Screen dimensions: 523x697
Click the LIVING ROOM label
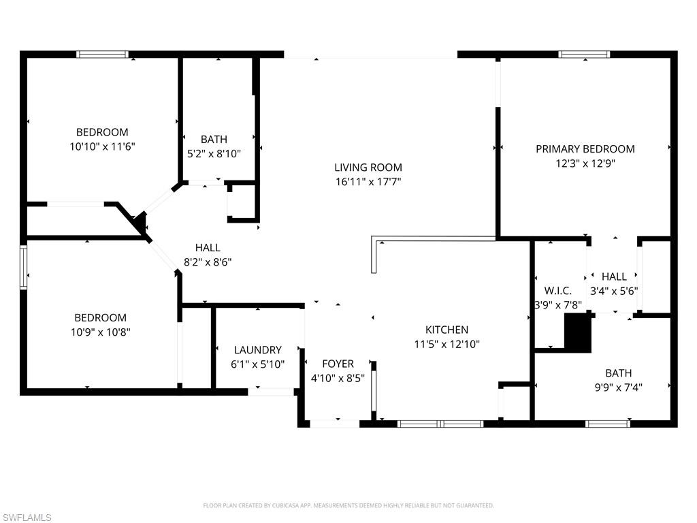point(368,168)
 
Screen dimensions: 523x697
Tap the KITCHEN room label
point(447,330)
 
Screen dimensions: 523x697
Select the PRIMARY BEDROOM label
point(585,148)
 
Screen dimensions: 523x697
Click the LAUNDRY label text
point(257,350)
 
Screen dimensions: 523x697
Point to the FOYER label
point(338,363)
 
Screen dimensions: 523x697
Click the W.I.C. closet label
point(557,291)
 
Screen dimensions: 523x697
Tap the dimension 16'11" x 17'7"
point(368,182)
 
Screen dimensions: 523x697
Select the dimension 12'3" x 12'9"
point(585,163)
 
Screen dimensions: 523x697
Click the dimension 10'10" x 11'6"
point(101,146)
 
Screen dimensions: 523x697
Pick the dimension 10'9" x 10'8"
point(100,332)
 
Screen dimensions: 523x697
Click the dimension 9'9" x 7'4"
point(618,387)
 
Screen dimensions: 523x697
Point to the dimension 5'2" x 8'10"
point(214,154)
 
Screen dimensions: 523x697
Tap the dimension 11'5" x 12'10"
point(447,344)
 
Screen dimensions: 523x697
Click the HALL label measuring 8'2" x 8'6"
point(208,248)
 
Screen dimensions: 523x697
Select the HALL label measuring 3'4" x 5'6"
point(614,276)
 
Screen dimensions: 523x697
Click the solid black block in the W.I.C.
point(579,334)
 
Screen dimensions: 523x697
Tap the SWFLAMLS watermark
point(27,518)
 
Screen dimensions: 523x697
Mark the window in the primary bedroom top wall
point(584,54)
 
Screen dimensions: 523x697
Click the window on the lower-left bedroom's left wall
point(23,268)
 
